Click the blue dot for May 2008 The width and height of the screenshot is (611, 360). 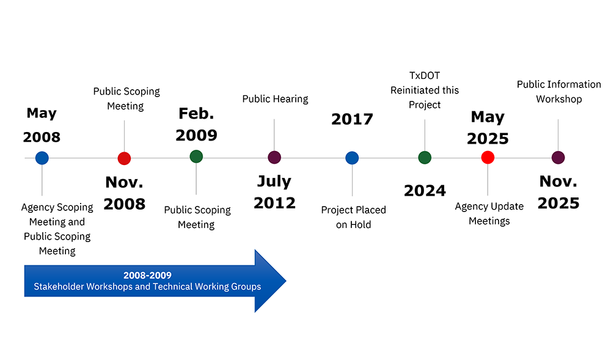pos(42,158)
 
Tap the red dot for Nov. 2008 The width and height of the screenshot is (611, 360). pos(124,158)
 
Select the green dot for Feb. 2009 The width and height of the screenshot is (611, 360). pos(196,156)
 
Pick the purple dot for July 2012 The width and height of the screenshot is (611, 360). pos(274,158)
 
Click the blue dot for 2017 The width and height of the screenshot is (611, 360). pos(352,158)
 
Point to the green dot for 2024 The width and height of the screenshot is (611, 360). pos(425,158)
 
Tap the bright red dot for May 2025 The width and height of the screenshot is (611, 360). pos(488,158)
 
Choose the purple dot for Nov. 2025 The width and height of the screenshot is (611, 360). pos(558,158)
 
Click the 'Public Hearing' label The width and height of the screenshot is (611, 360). pos(275,99)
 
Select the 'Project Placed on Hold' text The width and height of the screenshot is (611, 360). pos(353,217)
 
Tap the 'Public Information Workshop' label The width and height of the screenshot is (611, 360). pos(559,92)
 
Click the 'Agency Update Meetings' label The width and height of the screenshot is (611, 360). pos(489,213)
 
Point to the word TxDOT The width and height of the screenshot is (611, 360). pos(425,75)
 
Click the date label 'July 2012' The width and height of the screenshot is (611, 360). pos(274,192)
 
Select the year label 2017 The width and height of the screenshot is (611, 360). pos(352,119)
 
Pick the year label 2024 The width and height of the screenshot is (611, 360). pos(425,191)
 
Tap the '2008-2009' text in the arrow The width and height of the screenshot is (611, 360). pos(147,275)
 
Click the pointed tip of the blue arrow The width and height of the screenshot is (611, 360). pos(286,281)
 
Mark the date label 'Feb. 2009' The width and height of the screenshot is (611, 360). pos(196,124)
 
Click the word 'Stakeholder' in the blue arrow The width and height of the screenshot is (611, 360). pos(59,287)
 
